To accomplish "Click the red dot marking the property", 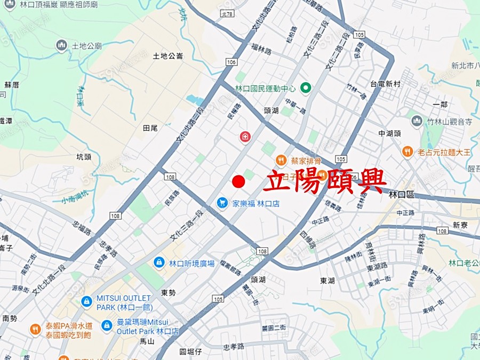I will coord(238,182).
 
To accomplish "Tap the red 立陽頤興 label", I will coord(324,181).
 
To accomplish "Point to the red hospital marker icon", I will coord(245,137).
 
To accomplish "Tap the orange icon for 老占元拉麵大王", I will coord(407,152).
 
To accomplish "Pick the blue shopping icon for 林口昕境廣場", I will coord(158,262).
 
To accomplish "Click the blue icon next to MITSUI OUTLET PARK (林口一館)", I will coord(86,301).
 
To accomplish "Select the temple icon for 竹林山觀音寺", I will coord(417,121).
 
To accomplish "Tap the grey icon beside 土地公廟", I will coord(62,45).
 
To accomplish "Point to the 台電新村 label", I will coord(385,84).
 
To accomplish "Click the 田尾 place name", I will coord(150,128).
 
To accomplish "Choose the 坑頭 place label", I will coord(84,157).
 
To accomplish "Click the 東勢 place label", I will coord(167,292).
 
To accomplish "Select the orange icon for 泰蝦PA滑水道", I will coord(35,329).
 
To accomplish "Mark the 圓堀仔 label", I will coord(190,351).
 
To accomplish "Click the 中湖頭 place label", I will coord(389,133).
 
